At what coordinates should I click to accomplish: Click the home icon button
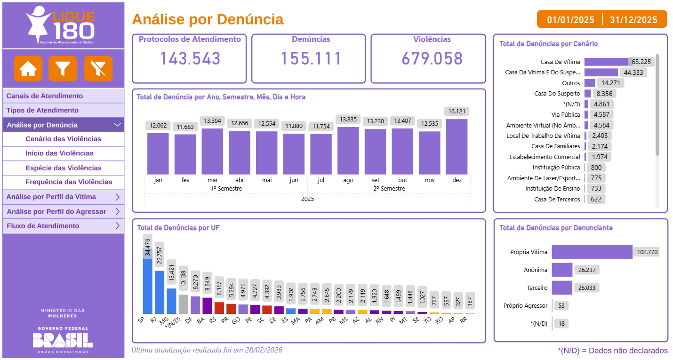28,69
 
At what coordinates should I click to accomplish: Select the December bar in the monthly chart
457,147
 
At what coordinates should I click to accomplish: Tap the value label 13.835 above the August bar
348,120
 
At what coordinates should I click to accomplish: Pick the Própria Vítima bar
592,252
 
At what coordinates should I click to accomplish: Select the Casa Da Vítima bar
606,62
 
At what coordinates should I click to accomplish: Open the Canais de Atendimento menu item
45,96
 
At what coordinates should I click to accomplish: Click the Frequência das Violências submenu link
69,182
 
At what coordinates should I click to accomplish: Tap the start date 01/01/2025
570,20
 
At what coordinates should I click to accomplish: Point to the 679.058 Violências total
432,58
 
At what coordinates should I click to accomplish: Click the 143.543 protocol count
190,58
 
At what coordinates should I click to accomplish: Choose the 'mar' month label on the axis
212,180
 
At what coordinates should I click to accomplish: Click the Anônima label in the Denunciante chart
536,270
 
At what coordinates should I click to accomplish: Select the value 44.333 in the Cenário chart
633,72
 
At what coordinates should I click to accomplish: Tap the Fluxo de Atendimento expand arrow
118,226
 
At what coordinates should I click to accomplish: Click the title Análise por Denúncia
208,19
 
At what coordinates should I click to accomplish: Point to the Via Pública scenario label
566,114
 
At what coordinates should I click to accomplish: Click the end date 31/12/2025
633,20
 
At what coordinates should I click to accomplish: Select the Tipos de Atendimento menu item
42,110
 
